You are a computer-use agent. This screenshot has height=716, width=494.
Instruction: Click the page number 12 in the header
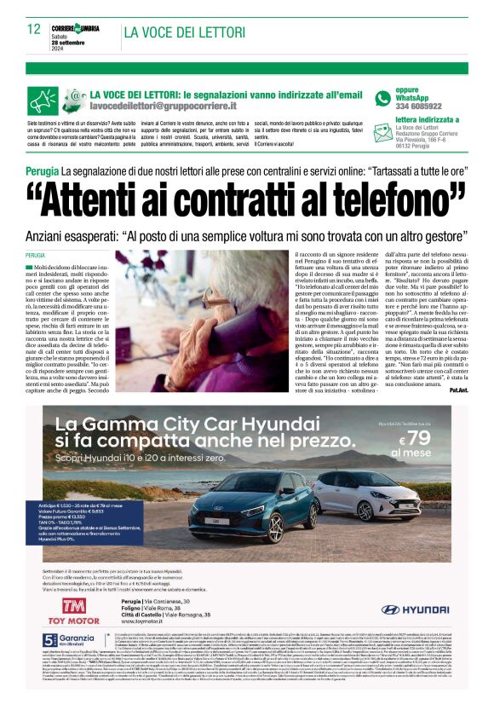(34, 28)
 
